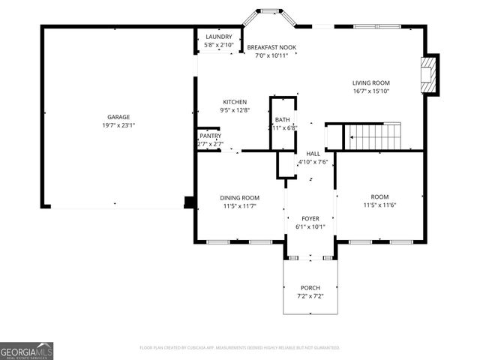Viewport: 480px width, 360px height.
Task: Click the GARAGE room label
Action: pos(118,117)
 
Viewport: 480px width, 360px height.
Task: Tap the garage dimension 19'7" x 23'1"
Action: pos(118,125)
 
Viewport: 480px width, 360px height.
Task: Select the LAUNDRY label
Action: pos(219,37)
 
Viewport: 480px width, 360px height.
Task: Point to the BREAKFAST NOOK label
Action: pos(271,47)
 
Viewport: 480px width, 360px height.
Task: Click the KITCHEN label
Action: pos(234,102)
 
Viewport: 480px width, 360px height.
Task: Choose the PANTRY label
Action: pos(210,136)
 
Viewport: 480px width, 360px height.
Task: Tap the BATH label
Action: pos(282,120)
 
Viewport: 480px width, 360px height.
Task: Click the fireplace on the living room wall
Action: pos(429,75)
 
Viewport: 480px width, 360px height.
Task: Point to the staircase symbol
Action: pos(373,136)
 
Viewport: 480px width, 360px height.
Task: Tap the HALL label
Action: pos(313,153)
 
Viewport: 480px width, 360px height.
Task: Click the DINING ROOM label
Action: pos(240,198)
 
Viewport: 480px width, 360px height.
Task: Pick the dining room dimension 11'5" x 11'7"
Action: pos(240,205)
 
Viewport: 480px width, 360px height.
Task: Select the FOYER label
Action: pos(310,218)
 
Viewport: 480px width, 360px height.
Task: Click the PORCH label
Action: pos(310,288)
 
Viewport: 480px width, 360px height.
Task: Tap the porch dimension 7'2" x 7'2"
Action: pos(310,295)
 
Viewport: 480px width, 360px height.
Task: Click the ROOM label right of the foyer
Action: pos(379,197)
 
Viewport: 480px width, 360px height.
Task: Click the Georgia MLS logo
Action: pos(26,351)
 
